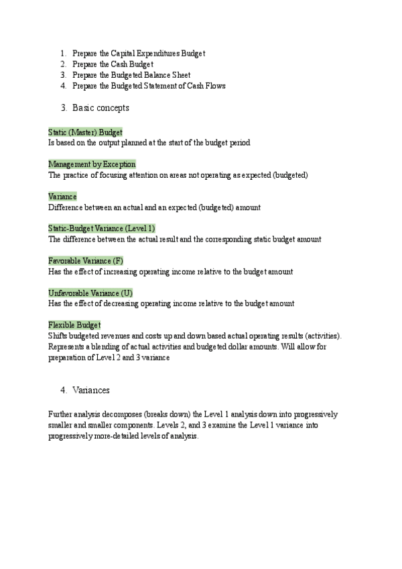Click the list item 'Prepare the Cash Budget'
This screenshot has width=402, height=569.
(113, 64)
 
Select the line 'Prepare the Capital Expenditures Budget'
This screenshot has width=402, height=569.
(138, 54)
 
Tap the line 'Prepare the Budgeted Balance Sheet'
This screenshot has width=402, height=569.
(131, 75)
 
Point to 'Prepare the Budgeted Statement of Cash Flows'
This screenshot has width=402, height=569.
(149, 86)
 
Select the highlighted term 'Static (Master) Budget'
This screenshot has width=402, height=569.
(85, 132)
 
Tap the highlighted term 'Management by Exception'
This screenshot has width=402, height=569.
(92, 164)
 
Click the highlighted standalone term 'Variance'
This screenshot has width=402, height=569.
(62, 197)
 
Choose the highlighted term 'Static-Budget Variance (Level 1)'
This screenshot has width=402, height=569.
(102, 228)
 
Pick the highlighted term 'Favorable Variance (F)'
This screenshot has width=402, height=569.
(86, 260)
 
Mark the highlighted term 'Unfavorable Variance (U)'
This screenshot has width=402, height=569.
(90, 293)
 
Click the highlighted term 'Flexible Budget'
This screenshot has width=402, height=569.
(74, 325)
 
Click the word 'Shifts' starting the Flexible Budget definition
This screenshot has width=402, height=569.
(58, 335)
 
